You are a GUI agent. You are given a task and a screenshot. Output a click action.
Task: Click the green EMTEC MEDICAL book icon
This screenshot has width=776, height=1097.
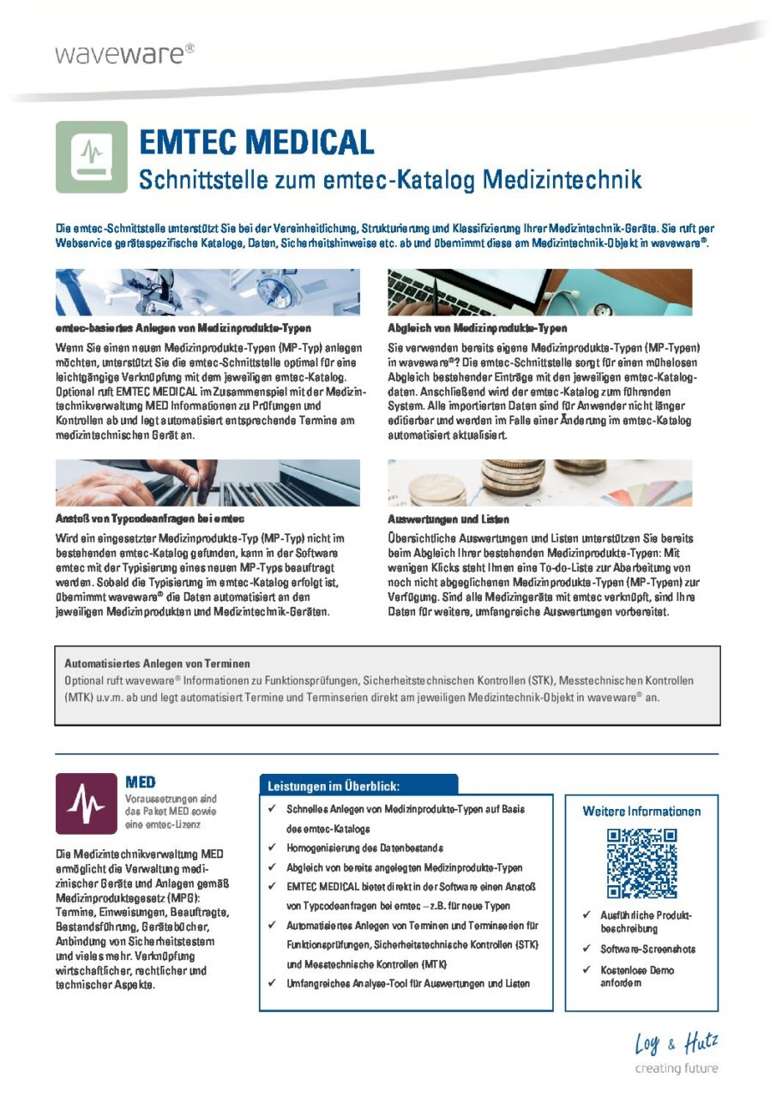click(92, 157)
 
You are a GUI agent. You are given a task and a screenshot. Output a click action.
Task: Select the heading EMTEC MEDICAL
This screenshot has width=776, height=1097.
click(256, 141)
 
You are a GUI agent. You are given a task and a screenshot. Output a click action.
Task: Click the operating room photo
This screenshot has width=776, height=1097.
click(208, 292)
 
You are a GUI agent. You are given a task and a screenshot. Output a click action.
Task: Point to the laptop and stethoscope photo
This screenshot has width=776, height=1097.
click(540, 292)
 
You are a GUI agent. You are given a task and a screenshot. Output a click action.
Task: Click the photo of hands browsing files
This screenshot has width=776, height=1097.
click(208, 483)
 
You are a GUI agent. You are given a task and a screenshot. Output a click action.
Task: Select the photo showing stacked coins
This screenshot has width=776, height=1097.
click(540, 483)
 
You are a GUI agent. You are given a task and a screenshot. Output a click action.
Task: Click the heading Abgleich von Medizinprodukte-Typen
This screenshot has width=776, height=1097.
click(478, 328)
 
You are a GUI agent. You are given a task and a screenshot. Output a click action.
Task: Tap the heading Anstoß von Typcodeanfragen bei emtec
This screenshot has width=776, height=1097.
click(151, 519)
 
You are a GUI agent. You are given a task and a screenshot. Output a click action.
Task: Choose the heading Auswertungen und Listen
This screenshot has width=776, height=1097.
click(448, 519)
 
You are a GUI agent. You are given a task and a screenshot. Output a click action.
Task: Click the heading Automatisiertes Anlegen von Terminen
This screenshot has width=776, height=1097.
click(157, 662)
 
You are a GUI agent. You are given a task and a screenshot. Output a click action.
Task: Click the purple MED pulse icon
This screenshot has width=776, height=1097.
click(86, 803)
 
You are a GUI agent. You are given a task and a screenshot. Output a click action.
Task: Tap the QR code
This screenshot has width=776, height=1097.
click(641, 863)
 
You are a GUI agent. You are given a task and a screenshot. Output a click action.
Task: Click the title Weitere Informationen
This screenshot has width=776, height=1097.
click(641, 811)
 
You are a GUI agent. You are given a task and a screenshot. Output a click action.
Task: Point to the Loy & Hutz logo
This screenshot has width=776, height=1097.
click(676, 1052)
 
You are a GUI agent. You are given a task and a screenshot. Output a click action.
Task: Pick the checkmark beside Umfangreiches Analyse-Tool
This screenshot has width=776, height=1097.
click(272, 984)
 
